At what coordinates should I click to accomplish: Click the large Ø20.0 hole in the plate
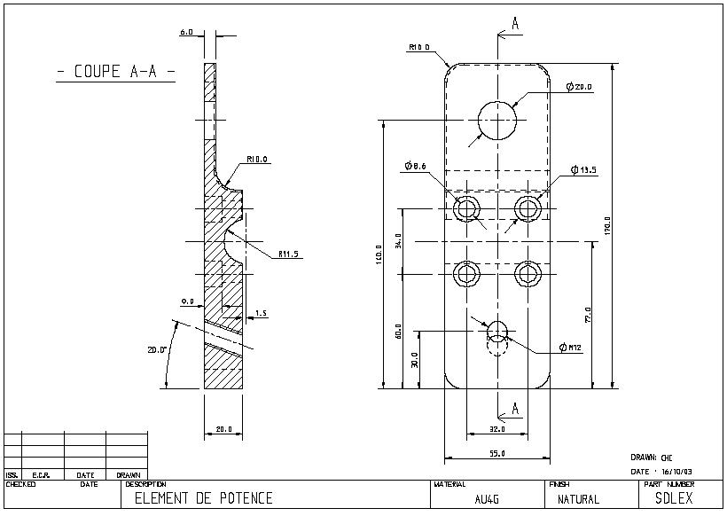[x=497, y=120]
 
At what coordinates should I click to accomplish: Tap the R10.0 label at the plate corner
[x=419, y=47]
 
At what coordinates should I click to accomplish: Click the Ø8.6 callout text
[x=415, y=166]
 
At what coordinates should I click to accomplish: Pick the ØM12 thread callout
[x=569, y=346]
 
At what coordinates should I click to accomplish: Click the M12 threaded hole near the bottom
[x=497, y=332]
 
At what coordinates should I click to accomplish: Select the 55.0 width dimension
[x=497, y=453]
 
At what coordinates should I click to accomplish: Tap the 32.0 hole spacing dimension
[x=497, y=429]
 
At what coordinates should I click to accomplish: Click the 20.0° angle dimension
[x=157, y=349]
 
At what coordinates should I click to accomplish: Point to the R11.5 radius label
[x=289, y=254]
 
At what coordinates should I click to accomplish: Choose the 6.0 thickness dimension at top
[x=186, y=32]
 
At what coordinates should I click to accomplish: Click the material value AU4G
[x=487, y=499]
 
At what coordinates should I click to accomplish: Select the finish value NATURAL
[x=578, y=499]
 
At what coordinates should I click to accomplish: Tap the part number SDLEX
[x=674, y=497]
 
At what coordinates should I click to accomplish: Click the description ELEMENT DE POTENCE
[x=203, y=498]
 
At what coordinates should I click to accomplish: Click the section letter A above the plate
[x=515, y=25]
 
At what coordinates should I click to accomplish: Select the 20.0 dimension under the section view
[x=224, y=429]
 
